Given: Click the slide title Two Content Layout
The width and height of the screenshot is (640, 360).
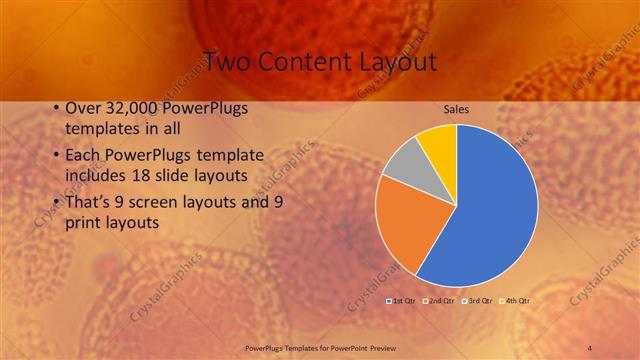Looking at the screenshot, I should click(319, 61).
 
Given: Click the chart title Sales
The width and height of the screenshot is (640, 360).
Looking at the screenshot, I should click(456, 111).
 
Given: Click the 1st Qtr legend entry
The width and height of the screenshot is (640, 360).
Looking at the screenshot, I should click(403, 300).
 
